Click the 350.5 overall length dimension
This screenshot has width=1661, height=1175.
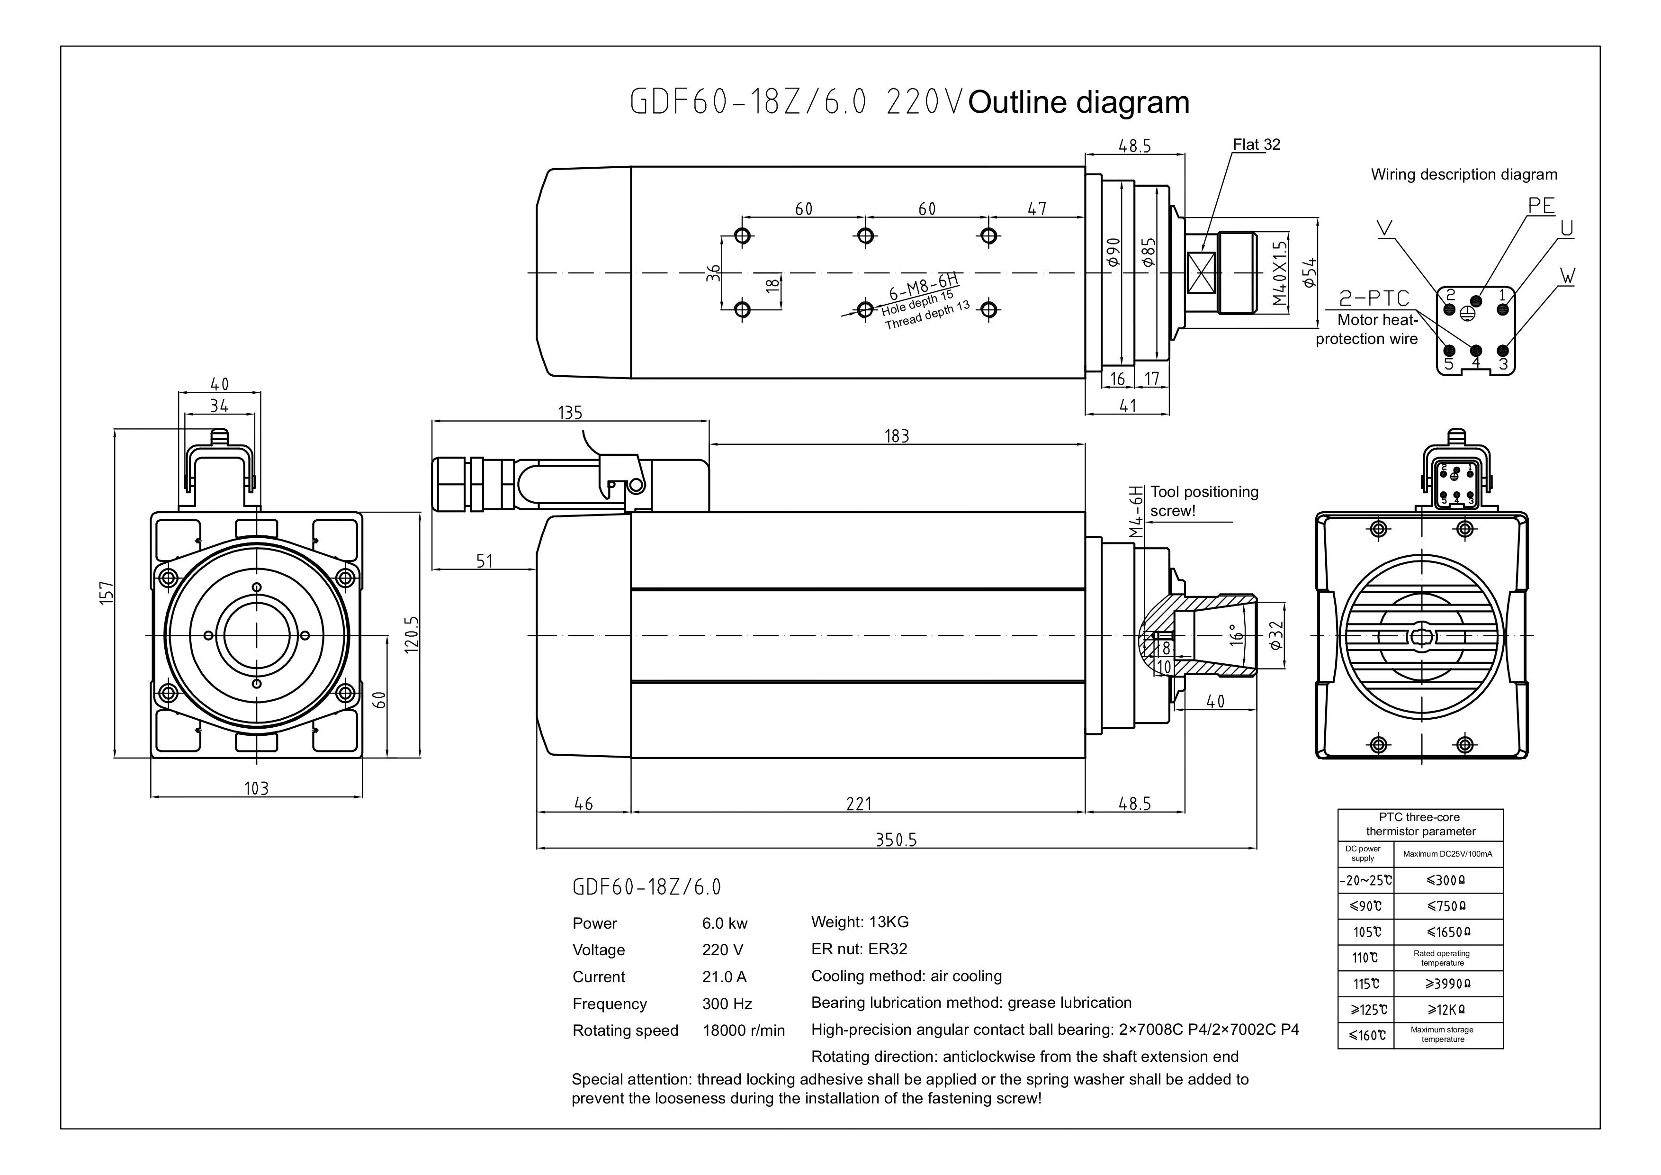coord(896,839)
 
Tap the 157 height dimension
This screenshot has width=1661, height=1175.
coord(107,593)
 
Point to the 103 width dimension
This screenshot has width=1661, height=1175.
coord(256,788)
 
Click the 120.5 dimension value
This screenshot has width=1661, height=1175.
coord(411,634)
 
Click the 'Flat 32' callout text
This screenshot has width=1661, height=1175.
coord(1256,145)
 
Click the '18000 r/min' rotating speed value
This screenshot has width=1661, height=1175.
coord(743,1030)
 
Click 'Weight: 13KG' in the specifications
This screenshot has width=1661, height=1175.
coord(860,922)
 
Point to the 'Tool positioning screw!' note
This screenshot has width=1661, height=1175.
coord(1204,501)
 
